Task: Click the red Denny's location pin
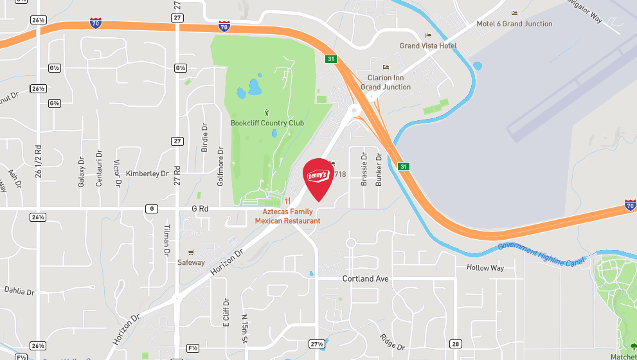pyautogui.click(x=318, y=176)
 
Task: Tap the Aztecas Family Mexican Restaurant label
pyautogui.click(x=287, y=216)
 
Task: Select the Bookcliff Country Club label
pyautogui.click(x=267, y=123)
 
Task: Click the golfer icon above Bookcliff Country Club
pyautogui.click(x=267, y=113)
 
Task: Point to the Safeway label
pyautogui.click(x=191, y=262)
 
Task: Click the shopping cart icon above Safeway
pyautogui.click(x=190, y=253)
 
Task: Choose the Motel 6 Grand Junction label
pyautogui.click(x=514, y=24)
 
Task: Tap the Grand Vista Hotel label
pyautogui.click(x=428, y=46)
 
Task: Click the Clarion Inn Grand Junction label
pyautogui.click(x=385, y=82)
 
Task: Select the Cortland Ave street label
pyautogui.click(x=366, y=279)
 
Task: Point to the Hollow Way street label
pyautogui.click(x=485, y=267)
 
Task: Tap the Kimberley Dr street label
pyautogui.click(x=147, y=174)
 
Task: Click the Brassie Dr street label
pyautogui.click(x=364, y=169)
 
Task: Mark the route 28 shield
pyautogui.click(x=456, y=344)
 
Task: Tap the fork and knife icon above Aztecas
pyautogui.click(x=287, y=201)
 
